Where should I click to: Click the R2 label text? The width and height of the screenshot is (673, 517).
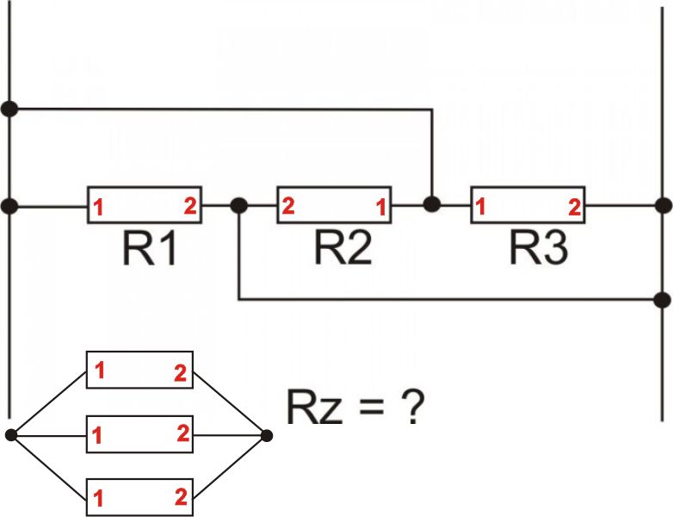(343, 248)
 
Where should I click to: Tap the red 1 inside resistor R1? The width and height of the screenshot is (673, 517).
(99, 208)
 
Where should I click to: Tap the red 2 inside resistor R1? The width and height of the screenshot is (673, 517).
(189, 206)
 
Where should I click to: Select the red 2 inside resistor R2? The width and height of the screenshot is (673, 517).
(288, 206)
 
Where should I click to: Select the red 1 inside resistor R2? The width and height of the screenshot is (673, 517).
(378, 207)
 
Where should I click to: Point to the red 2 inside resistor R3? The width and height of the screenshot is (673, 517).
(573, 206)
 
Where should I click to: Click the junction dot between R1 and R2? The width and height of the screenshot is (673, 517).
(239, 206)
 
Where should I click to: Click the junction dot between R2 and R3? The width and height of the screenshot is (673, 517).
(432, 204)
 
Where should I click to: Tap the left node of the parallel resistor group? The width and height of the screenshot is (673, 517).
(11, 435)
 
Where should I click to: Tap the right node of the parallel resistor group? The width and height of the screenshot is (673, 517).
(267, 435)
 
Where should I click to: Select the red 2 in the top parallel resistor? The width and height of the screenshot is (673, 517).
(179, 373)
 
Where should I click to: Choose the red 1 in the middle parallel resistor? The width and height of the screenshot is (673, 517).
(99, 437)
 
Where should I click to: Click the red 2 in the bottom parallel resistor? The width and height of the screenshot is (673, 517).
(181, 496)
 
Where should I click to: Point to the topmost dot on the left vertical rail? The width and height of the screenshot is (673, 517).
(9, 109)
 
